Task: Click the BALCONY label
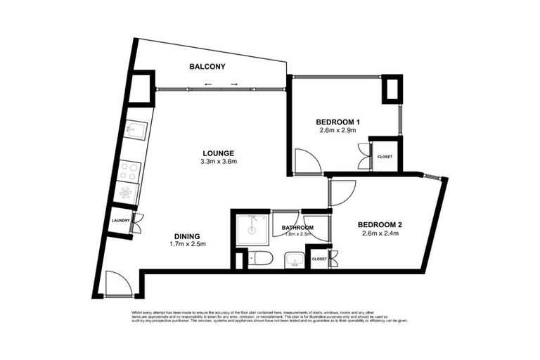click(x=207, y=67)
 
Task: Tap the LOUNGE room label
click(x=218, y=153)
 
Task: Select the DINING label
click(x=187, y=236)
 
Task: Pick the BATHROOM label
click(x=297, y=228)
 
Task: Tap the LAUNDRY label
click(x=120, y=221)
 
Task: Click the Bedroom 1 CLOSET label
click(x=385, y=157)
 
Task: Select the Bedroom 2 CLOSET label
click(x=319, y=259)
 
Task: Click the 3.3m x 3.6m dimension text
click(x=218, y=162)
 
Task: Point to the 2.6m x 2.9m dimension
click(x=337, y=130)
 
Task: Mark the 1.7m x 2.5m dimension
click(x=187, y=245)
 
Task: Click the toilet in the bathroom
click(x=260, y=258)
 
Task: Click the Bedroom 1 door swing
click(x=307, y=162)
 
